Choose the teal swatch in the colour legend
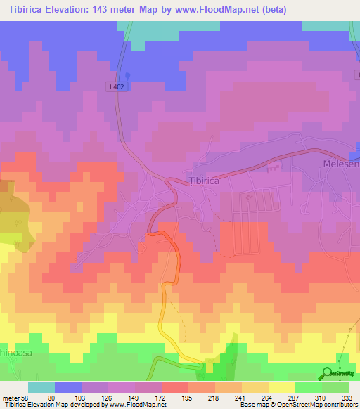click(41, 387)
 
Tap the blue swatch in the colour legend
click(68, 387)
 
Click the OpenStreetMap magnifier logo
click(328, 373)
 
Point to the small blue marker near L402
click(127, 77)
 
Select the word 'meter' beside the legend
click(10, 397)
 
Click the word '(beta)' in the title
click(291, 8)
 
